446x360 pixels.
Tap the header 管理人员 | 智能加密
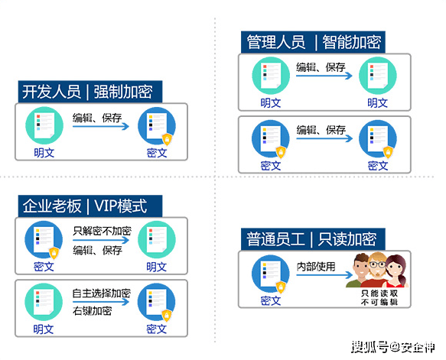point(313,42)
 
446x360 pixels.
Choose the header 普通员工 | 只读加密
point(313,239)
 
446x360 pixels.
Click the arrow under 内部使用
point(324,274)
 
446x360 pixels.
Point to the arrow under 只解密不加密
point(101,240)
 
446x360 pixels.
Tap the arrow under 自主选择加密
point(101,302)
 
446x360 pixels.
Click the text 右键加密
point(92,311)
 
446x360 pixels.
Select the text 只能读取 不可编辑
point(379,297)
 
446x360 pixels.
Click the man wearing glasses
point(377,270)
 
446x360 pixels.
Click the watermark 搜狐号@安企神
point(393,347)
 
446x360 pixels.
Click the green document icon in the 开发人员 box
point(44,125)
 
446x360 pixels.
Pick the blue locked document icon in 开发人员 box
point(157,126)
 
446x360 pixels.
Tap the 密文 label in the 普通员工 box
point(271,301)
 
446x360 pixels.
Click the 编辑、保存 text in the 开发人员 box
point(97,118)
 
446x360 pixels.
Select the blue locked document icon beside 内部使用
point(271,274)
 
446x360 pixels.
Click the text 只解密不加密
point(102,231)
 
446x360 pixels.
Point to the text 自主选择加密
point(102,293)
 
